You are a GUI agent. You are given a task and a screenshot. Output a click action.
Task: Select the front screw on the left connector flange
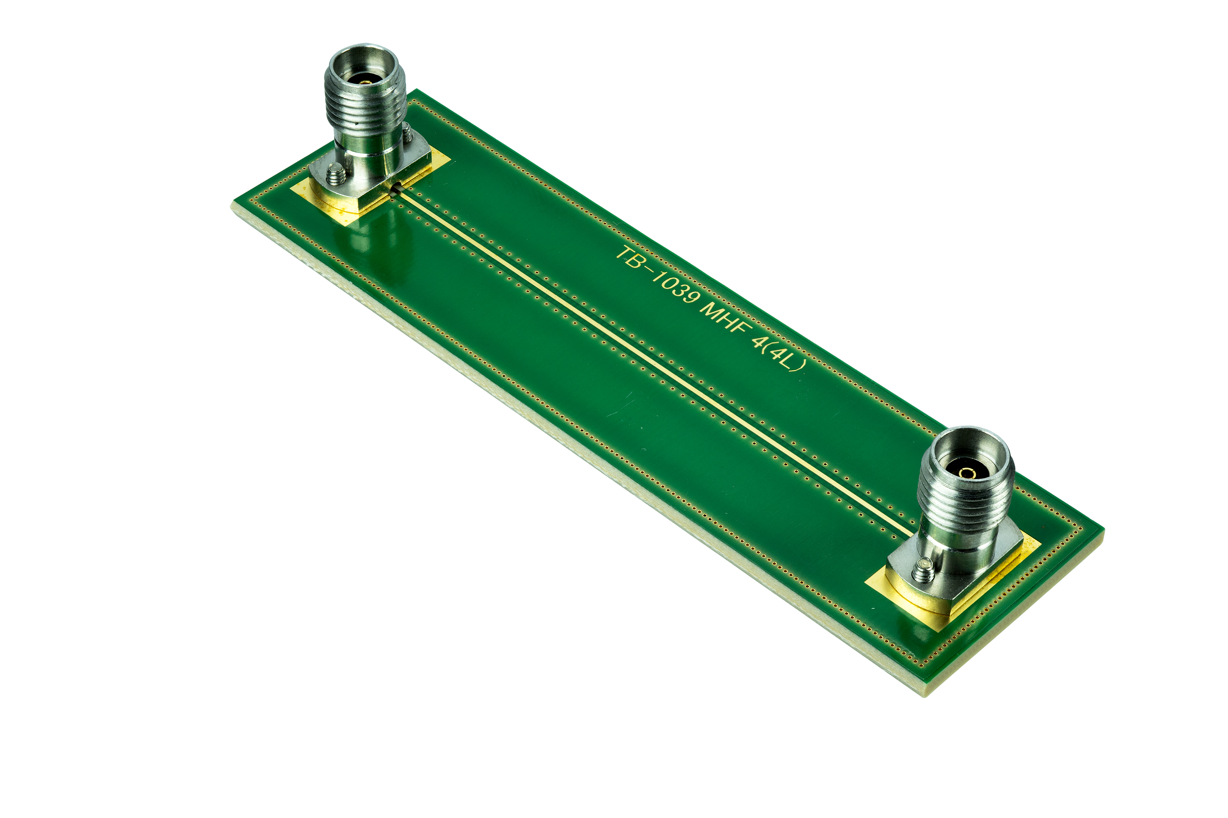[x=334, y=174]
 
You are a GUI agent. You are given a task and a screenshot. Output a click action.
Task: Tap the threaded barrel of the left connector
[x=365, y=110]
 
